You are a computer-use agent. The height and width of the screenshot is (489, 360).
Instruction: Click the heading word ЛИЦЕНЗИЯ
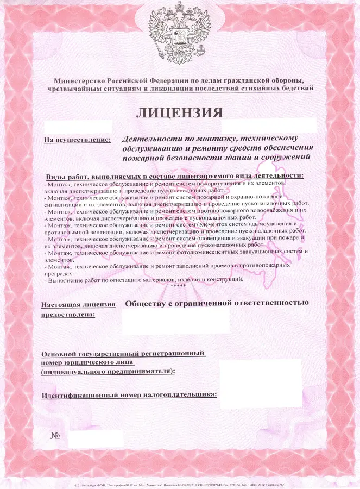pyautogui.click(x=179, y=113)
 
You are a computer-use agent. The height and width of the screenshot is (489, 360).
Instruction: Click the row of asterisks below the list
pyautogui.click(x=178, y=286)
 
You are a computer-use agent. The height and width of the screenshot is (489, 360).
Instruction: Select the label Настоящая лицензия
pyautogui.click(x=78, y=304)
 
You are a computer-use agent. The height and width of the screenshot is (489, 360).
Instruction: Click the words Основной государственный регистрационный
pyautogui.click(x=124, y=353)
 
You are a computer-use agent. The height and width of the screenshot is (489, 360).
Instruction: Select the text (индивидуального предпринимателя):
pyautogui.click(x=109, y=372)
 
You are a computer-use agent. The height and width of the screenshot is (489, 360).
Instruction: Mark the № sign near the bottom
pyautogui.click(x=55, y=436)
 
